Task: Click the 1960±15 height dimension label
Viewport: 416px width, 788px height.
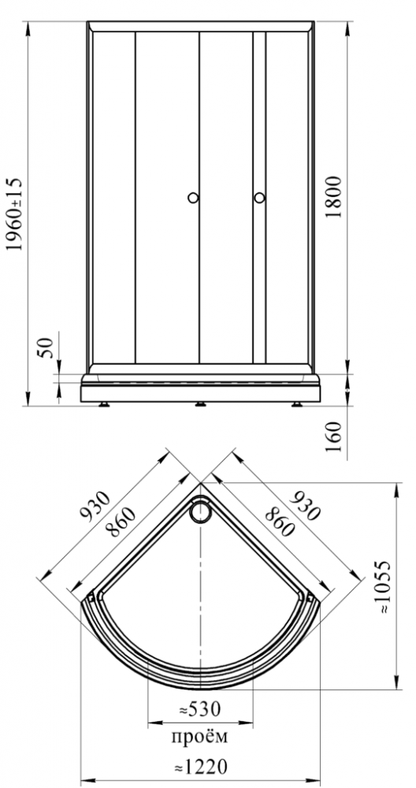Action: click(x=14, y=214)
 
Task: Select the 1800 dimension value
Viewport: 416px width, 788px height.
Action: click(x=333, y=196)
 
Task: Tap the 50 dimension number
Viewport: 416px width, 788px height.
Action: click(x=46, y=348)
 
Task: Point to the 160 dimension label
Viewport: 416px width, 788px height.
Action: click(x=333, y=437)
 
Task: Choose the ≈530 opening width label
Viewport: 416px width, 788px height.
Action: click(x=200, y=710)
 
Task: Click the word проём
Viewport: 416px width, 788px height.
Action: click(x=199, y=737)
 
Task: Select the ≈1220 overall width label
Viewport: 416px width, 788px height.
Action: click(x=200, y=767)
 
